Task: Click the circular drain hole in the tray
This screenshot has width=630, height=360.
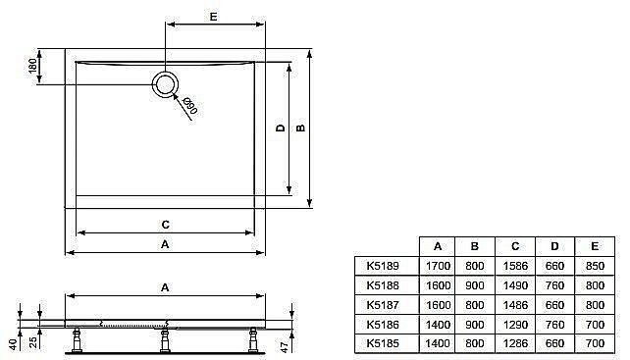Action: coord(166,83)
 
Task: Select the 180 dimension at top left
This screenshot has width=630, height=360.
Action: coord(33,68)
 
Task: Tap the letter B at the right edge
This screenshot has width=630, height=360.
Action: coord(301,127)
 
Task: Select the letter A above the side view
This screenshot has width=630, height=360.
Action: coord(164,287)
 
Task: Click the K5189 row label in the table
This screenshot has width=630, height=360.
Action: coord(382,265)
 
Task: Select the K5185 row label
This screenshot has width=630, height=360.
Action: coord(382,343)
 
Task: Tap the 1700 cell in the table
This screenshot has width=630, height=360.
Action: coord(438,265)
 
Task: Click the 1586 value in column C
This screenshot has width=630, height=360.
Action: coord(514,265)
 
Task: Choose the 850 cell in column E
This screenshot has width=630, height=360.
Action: coord(594,265)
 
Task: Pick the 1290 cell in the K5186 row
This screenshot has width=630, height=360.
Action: coord(514,324)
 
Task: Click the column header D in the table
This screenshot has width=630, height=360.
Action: coord(554,245)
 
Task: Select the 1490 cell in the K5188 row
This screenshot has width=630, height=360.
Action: coord(514,284)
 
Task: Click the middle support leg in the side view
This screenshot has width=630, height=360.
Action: coord(163,338)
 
